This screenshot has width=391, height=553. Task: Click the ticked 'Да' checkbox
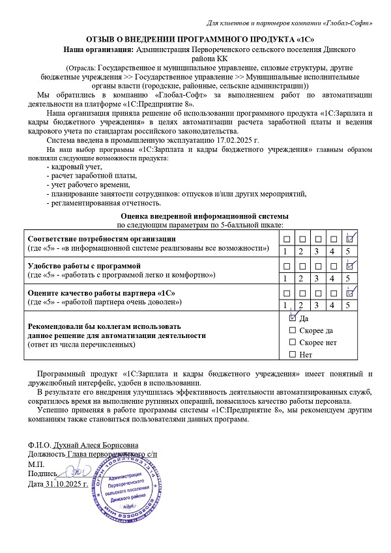[x=292, y=319]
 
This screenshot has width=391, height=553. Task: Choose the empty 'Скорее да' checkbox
[x=291, y=330]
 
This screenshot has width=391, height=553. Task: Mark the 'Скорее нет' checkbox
[x=291, y=342]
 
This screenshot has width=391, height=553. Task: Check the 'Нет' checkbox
[x=291, y=354]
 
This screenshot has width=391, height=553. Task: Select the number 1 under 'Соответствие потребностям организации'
[x=285, y=251]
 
